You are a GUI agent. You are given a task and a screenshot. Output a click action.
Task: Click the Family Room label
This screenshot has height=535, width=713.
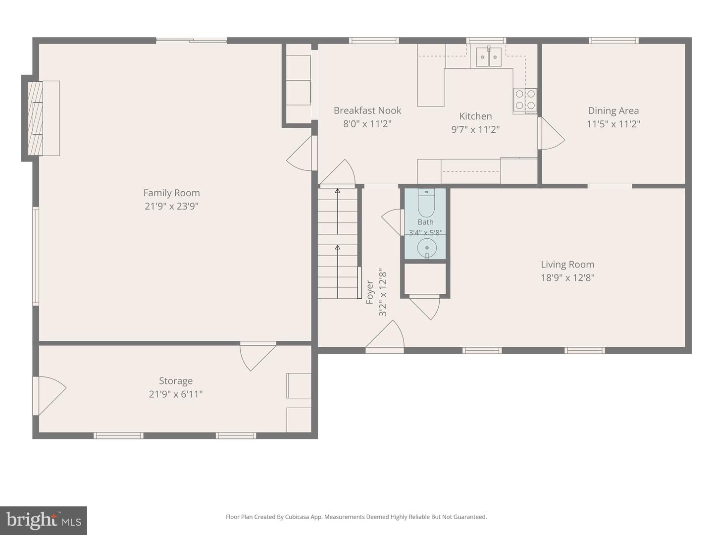click(171, 193)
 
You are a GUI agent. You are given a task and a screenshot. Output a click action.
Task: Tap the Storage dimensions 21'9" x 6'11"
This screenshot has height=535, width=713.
click(176, 394)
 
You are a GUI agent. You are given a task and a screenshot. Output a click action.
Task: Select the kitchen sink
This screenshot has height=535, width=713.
click(489, 56)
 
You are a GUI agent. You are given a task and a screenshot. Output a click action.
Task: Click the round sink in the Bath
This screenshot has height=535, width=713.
click(427, 248)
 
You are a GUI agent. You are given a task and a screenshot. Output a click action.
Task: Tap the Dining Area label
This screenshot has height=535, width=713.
click(613, 111)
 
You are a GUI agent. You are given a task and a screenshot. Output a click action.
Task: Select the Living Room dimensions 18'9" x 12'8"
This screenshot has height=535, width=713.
click(567, 278)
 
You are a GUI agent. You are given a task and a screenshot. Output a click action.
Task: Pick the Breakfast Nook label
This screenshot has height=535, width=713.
click(367, 110)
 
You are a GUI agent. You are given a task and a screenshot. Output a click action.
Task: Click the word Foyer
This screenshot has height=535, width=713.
click(370, 292)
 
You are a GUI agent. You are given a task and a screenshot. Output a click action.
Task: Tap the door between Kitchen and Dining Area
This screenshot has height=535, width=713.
click(551, 134)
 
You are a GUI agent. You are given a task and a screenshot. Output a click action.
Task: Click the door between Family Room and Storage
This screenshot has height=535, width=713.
click(258, 356)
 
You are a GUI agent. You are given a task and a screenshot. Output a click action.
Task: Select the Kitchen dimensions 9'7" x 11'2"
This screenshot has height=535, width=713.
click(475, 130)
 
